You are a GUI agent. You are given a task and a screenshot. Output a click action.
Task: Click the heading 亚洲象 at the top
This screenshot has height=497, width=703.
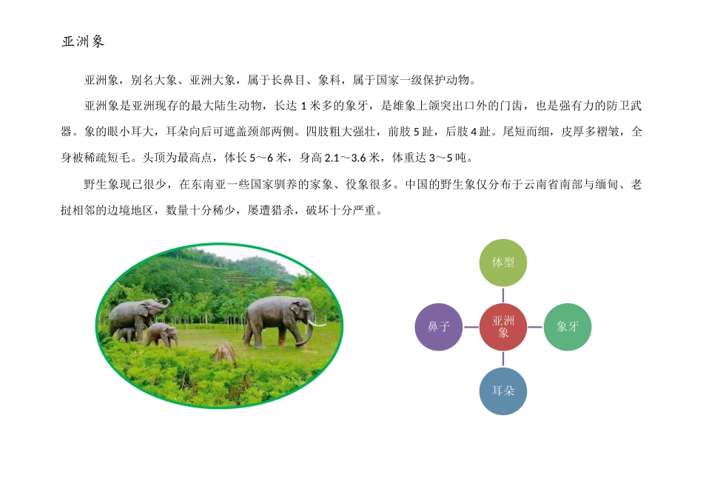click(83, 42)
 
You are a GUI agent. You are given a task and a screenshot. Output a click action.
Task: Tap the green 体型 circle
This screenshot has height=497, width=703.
click(503, 263)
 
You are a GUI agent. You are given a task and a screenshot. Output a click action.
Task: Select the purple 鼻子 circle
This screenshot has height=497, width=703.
click(439, 326)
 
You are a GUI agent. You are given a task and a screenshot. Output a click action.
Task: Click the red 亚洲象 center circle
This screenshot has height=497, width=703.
click(503, 326)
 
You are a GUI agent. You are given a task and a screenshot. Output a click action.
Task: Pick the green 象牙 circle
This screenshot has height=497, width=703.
click(568, 326)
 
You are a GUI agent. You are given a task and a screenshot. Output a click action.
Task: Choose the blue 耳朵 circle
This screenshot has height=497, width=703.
click(503, 390)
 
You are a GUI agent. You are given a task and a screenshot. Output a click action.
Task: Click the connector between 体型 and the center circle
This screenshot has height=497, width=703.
click(503, 294)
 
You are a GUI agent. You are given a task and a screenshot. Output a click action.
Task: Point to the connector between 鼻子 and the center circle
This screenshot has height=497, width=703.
click(471, 326)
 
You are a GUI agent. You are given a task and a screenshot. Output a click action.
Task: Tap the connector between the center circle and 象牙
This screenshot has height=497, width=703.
click(536, 326)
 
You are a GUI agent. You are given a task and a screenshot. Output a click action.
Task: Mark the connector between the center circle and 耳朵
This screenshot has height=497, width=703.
click(503, 359)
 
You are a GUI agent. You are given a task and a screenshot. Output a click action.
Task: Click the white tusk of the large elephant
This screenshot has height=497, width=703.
click(317, 322)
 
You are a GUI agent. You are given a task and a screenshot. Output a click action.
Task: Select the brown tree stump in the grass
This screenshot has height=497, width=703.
click(225, 353)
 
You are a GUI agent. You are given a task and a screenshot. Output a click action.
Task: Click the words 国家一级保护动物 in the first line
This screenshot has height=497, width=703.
click(423, 81)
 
